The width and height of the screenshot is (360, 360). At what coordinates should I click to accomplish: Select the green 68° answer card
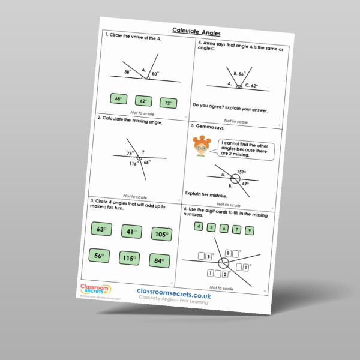tap(118, 98)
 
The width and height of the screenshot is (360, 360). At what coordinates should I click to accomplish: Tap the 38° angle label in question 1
tap(128, 71)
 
